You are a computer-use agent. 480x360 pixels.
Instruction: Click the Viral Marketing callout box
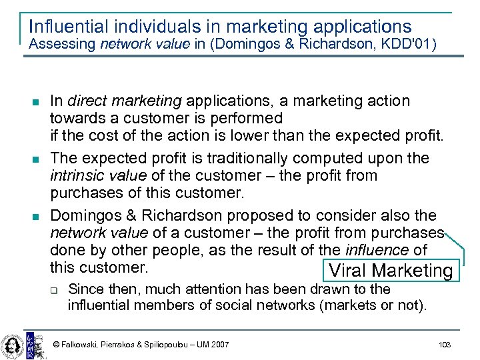click(x=390, y=271)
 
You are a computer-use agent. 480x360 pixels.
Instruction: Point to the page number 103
click(x=445, y=344)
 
